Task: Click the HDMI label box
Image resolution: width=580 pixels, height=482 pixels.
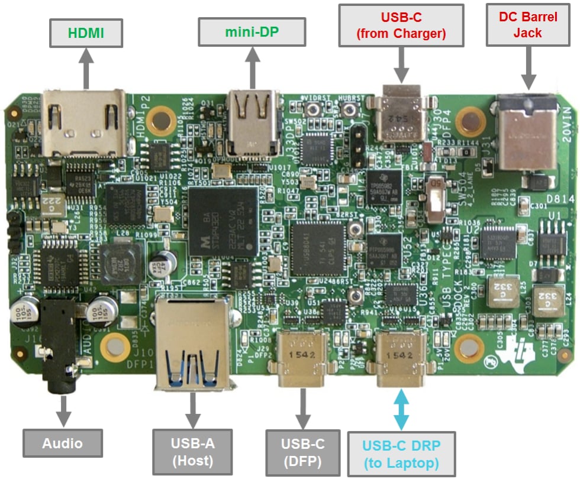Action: [x=86, y=33]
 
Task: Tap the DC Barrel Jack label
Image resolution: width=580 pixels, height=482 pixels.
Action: [x=527, y=25]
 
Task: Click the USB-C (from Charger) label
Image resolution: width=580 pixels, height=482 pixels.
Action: [x=401, y=25]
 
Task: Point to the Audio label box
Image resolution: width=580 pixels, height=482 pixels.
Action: [x=62, y=442]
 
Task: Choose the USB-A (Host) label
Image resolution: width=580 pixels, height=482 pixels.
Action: [x=192, y=451]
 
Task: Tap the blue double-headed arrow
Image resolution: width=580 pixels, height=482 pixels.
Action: [x=401, y=409]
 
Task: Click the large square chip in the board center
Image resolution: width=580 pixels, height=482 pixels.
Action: [x=223, y=219]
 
